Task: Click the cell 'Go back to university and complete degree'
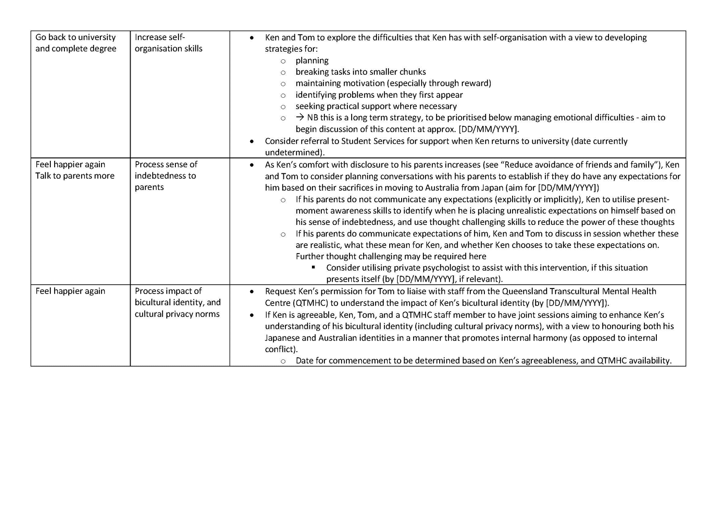coord(76,43)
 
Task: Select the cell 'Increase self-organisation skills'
coord(169,43)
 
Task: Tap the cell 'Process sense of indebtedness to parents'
coord(166,175)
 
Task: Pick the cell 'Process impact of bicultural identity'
coord(178,302)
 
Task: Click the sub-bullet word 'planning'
coord(312,61)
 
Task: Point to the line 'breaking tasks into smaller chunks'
coord(361,72)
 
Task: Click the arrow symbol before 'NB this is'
coord(300,117)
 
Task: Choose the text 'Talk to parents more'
coord(75,176)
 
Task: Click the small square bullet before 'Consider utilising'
coord(314,268)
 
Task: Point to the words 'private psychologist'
coord(431,268)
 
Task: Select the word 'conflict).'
coord(281,349)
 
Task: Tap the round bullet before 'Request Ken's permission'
coord(252,291)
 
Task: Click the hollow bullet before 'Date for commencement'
coord(283,361)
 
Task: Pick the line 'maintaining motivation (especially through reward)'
coord(393,83)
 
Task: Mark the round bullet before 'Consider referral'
coord(252,141)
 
